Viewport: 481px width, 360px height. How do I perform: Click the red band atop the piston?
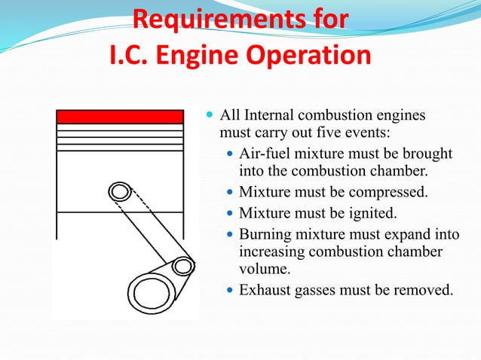pos(121,117)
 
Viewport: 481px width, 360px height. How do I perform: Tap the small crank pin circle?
pos(182,266)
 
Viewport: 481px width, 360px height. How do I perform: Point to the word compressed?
pos(391,191)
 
